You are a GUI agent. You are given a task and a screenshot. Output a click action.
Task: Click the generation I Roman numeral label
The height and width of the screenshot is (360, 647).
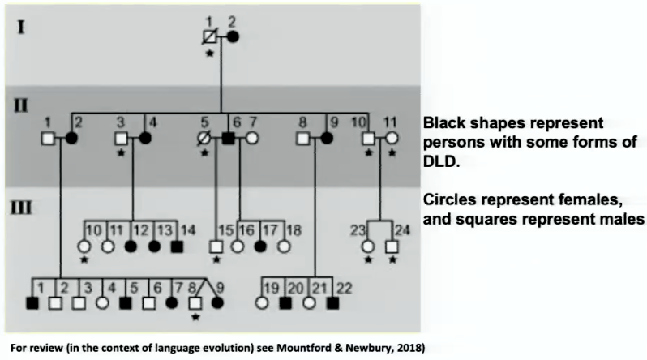20,28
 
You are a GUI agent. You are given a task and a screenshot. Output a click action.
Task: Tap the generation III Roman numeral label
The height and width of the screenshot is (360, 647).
20,208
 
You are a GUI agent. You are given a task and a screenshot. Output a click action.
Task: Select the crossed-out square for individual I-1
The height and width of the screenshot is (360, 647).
210,36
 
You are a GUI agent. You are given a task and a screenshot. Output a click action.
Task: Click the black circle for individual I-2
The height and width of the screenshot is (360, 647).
233,36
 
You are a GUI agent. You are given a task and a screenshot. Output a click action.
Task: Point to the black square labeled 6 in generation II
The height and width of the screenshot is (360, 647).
228,139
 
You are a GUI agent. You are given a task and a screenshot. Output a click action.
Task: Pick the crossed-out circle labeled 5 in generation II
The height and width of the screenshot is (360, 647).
204,139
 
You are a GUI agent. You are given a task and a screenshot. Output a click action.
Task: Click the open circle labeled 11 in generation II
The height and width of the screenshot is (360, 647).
392,139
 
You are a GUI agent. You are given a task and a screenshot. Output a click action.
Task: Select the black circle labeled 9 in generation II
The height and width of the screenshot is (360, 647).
327,139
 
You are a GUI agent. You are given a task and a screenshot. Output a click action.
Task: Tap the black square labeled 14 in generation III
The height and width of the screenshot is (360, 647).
177,246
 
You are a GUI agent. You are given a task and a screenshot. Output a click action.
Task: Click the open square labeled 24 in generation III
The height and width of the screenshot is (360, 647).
392,246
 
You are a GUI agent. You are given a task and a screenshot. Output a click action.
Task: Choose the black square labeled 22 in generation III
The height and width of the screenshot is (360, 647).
332,303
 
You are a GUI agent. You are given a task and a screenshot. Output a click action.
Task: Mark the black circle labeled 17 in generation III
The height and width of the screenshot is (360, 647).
260,246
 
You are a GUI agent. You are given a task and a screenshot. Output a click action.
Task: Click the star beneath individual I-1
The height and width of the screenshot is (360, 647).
210,54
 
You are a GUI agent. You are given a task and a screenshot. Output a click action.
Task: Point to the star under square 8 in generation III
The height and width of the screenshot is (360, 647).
195,318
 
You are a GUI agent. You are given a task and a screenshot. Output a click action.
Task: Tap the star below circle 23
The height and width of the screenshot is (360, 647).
368,260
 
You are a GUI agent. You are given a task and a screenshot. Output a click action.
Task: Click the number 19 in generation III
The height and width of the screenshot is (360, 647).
271,288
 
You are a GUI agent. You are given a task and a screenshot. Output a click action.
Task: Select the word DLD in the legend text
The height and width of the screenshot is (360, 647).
440,161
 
